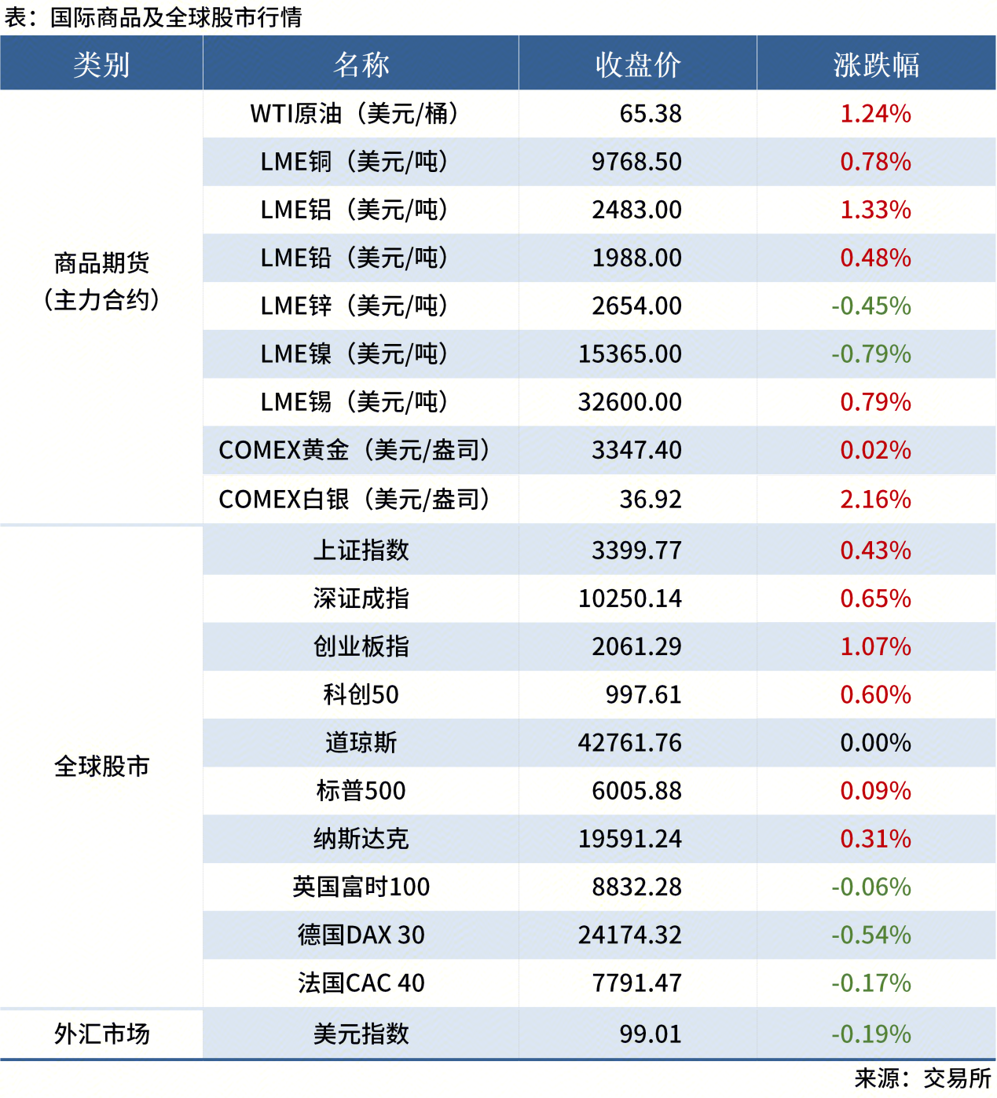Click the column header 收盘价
tap(637, 64)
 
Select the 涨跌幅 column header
tap(876, 64)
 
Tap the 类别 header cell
tap(101, 64)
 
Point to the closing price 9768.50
tap(636, 162)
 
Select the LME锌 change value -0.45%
tap(871, 306)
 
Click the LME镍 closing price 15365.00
tap(630, 354)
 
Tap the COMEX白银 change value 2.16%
tap(875, 500)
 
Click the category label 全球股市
tap(101, 767)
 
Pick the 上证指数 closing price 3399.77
tap(636, 551)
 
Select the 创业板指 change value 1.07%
tap(875, 647)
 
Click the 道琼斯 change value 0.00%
tap(875, 743)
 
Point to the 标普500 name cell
tap(361, 791)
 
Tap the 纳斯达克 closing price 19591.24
tap(630, 839)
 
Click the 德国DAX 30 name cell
tap(361, 935)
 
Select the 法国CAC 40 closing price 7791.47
tap(636, 983)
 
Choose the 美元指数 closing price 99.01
tap(650, 1034)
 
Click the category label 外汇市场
tap(101, 1034)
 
